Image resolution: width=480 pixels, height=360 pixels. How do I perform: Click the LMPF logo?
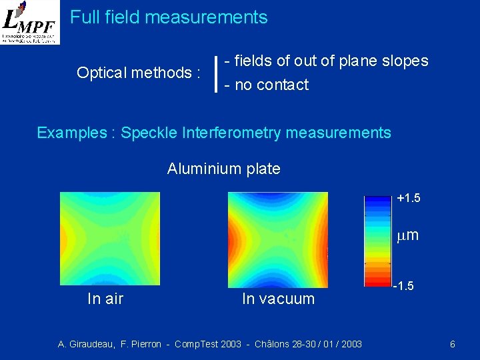point(30,23)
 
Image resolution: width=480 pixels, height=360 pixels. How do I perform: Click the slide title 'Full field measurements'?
point(169,17)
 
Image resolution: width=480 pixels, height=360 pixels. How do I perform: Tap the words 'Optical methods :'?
point(139,73)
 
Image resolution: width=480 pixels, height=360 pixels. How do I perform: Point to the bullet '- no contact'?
point(267,85)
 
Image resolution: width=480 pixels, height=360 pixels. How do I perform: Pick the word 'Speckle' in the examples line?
point(148,133)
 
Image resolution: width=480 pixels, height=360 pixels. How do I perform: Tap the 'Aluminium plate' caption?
point(224,169)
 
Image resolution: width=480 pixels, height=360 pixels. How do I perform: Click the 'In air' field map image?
point(110,238)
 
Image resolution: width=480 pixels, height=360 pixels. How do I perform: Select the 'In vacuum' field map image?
point(278,238)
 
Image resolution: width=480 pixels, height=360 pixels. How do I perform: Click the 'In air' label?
point(105,299)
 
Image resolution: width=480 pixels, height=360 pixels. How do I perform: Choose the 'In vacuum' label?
point(278,299)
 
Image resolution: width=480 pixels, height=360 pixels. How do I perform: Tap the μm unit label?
point(407,235)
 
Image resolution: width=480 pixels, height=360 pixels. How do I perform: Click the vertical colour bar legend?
point(377,240)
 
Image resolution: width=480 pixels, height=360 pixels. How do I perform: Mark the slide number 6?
point(453,344)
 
